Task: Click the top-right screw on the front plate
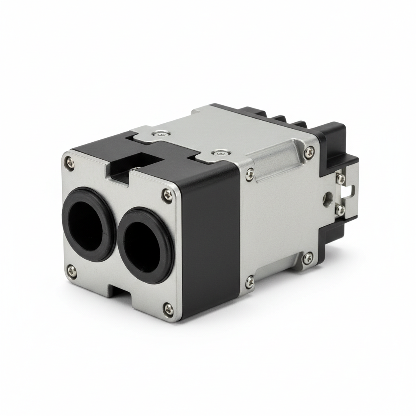tap(167, 195)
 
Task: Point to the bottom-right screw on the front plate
tap(168, 310)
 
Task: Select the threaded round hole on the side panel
tap(327, 198)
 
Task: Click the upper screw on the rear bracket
tap(340, 178)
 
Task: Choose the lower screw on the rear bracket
tap(340, 210)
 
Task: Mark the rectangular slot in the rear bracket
tap(349, 191)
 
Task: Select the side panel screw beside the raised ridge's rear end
tap(309, 152)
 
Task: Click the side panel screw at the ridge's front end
tap(250, 175)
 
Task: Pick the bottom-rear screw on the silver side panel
tap(308, 257)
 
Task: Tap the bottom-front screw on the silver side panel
tap(250, 281)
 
